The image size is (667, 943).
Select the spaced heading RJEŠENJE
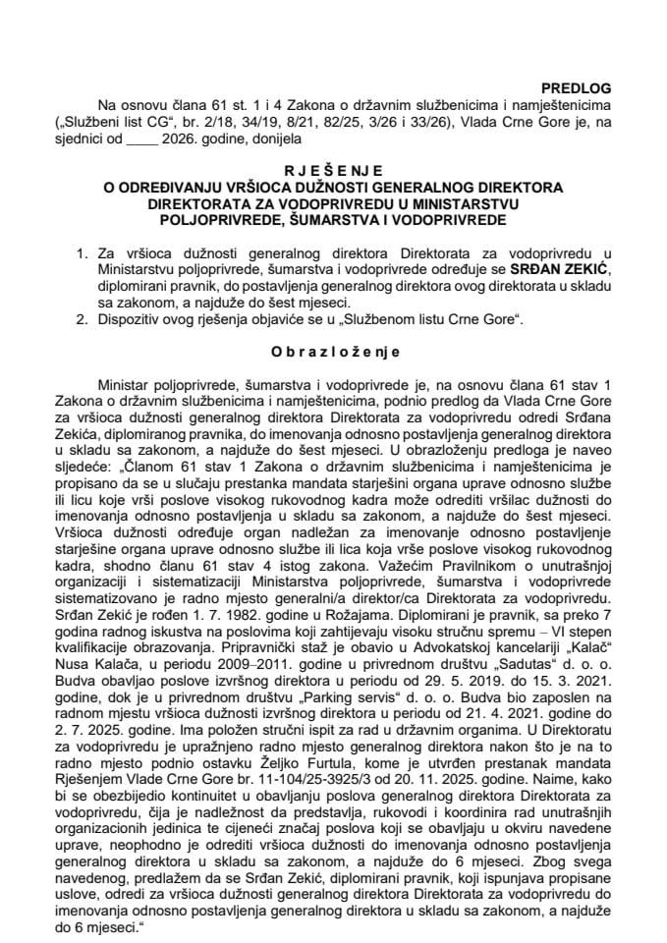[333, 169]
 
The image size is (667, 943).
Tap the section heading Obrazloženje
[333, 348]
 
